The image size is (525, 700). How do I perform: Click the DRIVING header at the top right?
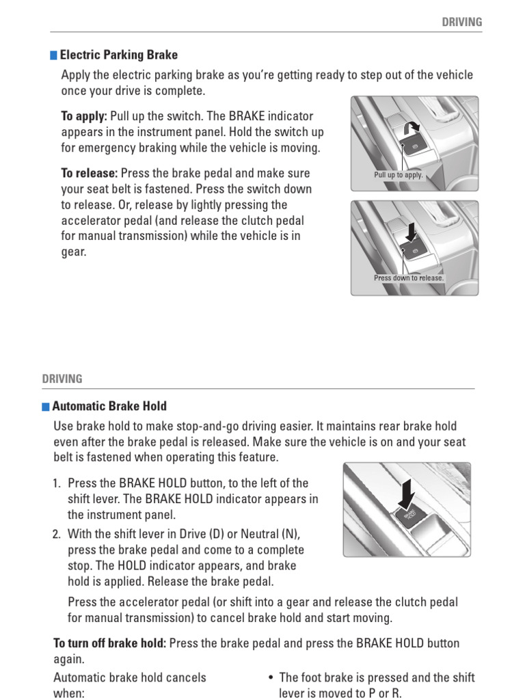click(x=461, y=22)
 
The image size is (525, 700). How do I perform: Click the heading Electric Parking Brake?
click(x=119, y=55)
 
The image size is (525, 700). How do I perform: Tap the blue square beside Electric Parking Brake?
click(x=54, y=55)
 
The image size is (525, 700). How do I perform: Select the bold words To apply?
click(x=83, y=117)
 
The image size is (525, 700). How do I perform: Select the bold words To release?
click(x=89, y=174)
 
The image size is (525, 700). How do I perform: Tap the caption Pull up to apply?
click(x=399, y=175)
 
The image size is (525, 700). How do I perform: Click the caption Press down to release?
click(x=409, y=278)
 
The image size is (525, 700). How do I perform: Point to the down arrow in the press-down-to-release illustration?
click(x=411, y=233)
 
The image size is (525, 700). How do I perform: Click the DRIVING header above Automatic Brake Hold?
click(x=62, y=379)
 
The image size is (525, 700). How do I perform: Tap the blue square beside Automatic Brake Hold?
click(x=46, y=406)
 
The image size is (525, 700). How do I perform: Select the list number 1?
click(x=57, y=484)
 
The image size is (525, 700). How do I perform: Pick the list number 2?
click(x=57, y=534)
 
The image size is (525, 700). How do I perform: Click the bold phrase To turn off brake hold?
click(x=109, y=643)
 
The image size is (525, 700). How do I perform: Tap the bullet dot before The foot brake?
click(x=271, y=678)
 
